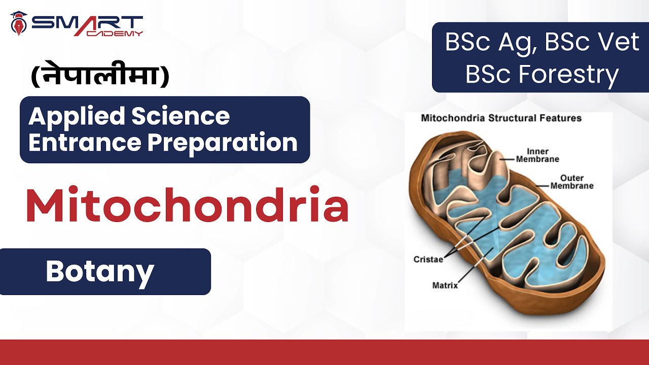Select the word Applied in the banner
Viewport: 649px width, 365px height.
click(x=76, y=117)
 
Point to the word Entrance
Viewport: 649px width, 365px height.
click(x=84, y=142)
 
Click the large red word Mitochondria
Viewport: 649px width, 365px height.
click(x=187, y=206)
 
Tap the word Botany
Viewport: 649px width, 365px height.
click(x=100, y=272)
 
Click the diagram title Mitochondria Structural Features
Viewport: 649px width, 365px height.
click(x=501, y=119)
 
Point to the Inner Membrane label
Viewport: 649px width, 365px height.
click(x=537, y=155)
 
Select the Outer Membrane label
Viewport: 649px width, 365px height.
click(x=572, y=182)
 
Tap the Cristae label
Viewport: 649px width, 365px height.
click(x=428, y=259)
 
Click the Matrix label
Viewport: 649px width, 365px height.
click(x=445, y=285)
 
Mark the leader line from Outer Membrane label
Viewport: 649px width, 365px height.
click(x=543, y=186)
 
